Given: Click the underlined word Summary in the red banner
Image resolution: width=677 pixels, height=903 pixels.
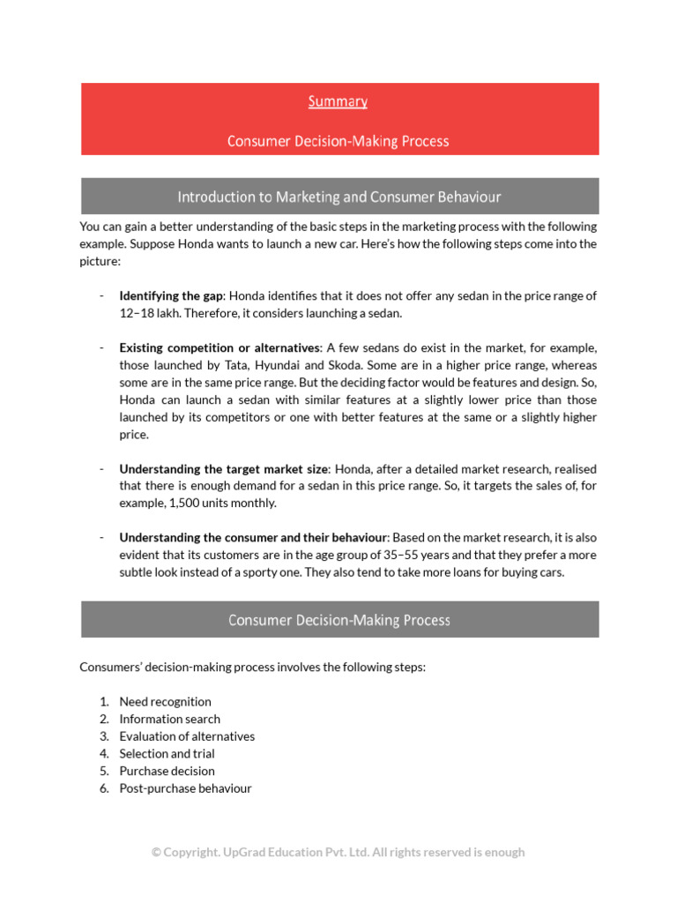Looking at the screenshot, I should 338,101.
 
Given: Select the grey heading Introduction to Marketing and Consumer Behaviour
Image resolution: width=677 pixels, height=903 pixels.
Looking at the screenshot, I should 339,196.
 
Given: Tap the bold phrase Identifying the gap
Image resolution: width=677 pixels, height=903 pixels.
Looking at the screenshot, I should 172,295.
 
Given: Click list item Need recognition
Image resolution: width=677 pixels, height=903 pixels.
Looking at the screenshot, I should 165,702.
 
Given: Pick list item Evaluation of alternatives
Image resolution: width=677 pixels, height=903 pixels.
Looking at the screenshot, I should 187,736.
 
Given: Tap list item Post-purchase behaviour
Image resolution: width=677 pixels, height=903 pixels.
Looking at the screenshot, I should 185,788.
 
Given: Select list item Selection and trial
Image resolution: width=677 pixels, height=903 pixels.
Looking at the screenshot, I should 167,754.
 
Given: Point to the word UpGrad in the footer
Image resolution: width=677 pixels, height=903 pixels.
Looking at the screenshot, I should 239,852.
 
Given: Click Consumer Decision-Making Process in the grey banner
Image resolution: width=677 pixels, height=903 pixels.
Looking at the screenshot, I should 339,620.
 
